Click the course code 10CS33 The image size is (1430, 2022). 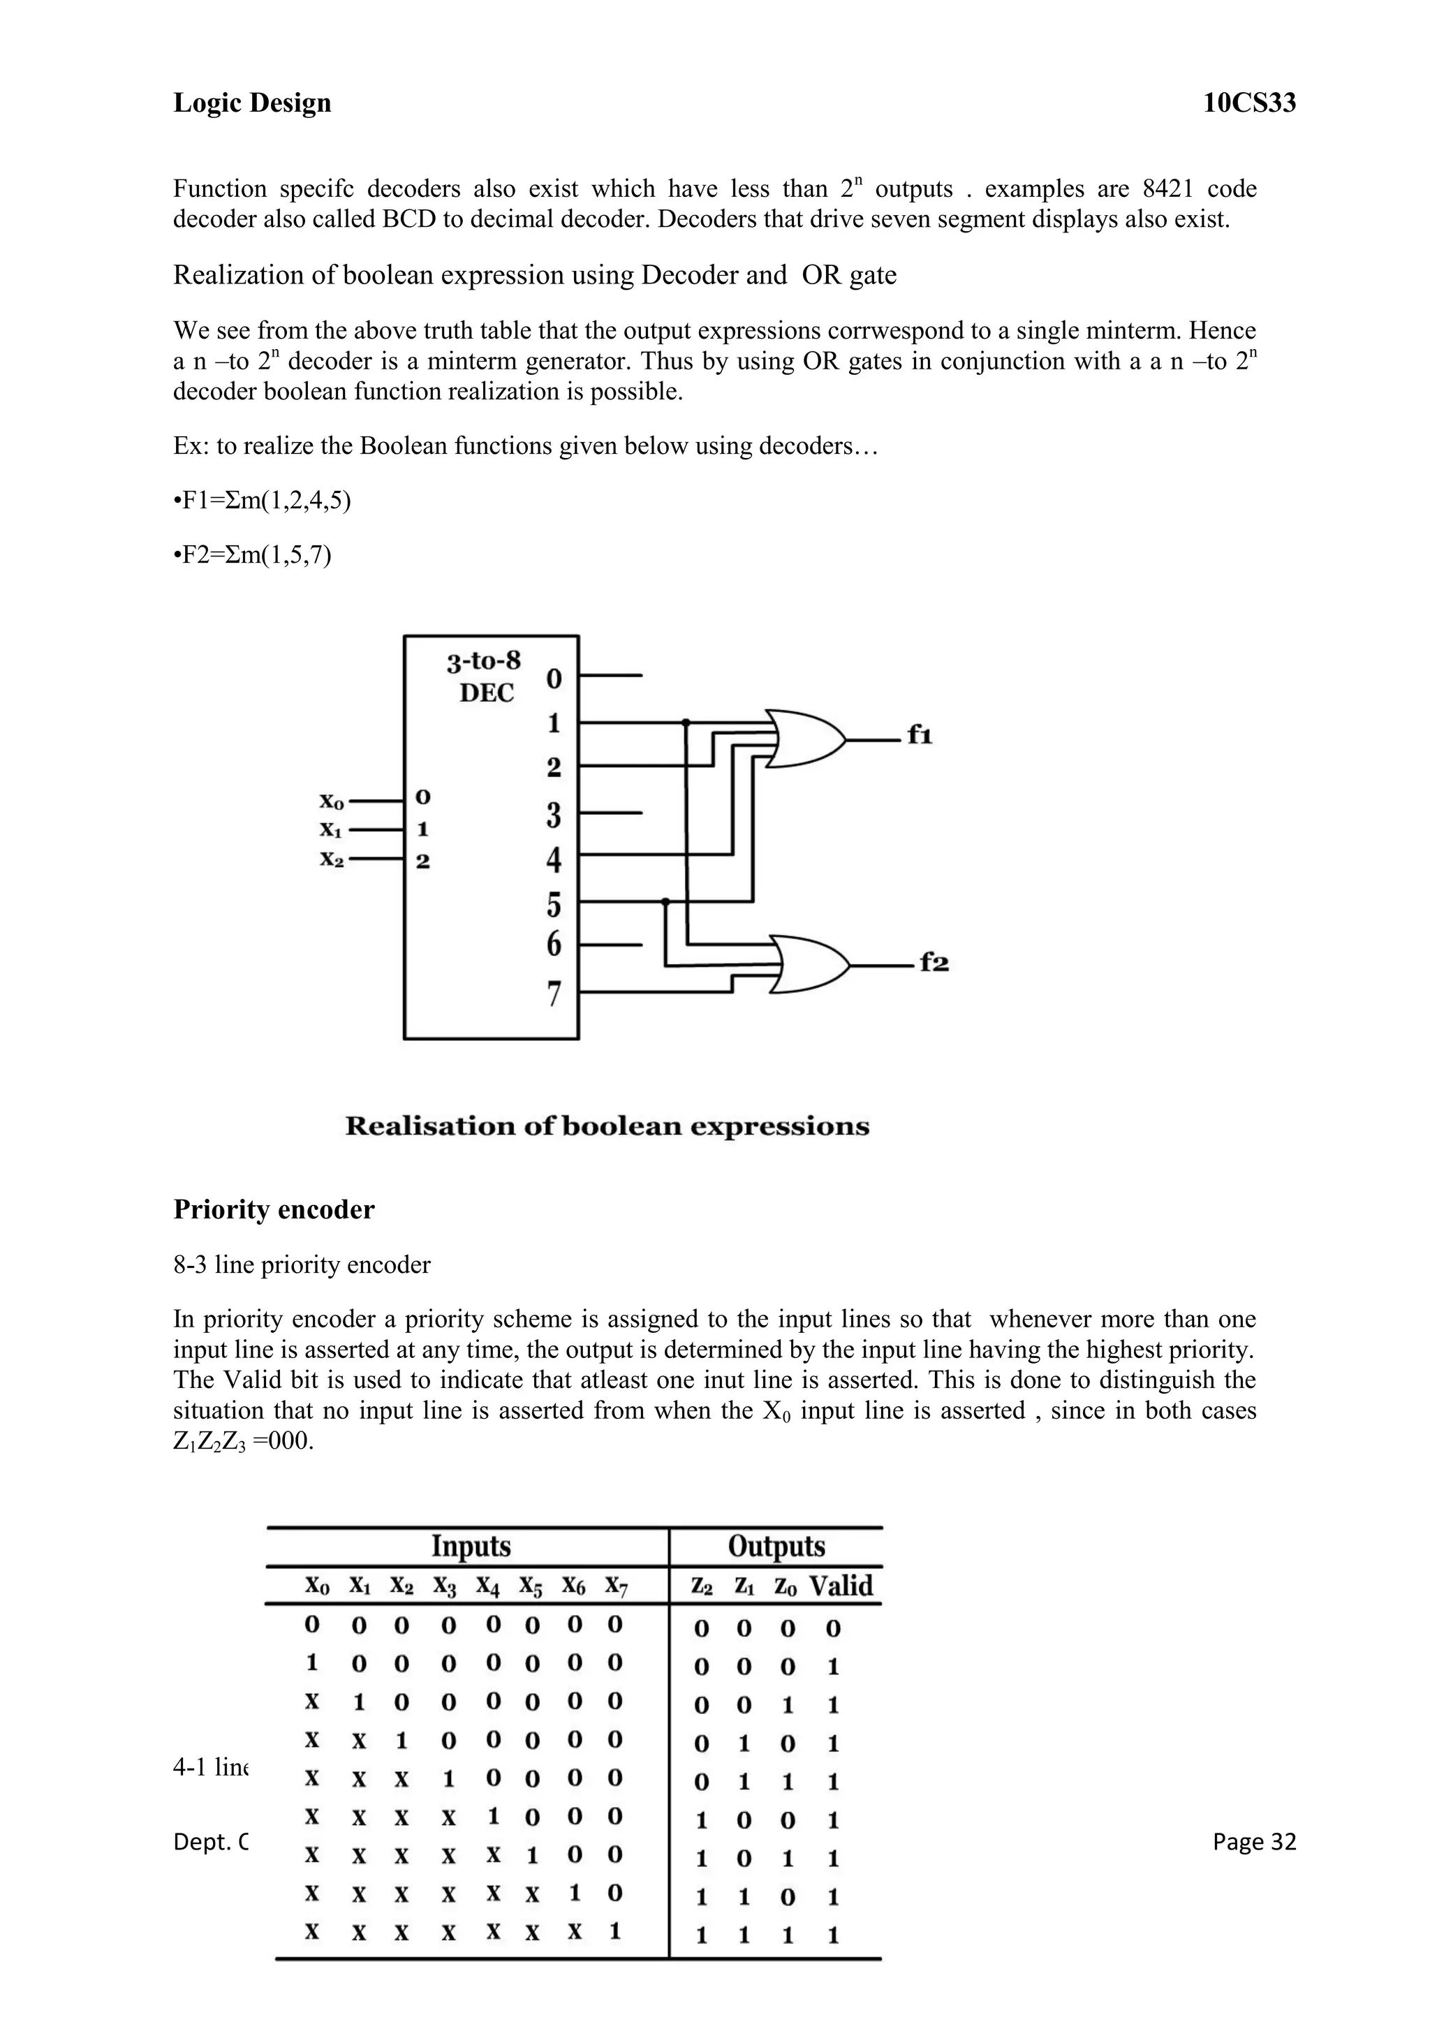coord(1249,103)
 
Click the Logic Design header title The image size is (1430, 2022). coord(252,103)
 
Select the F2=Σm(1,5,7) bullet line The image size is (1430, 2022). coord(253,555)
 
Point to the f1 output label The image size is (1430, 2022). coord(920,735)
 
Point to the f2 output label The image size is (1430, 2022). coord(934,963)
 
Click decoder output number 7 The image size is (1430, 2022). coord(554,994)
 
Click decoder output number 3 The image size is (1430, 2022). coord(554,815)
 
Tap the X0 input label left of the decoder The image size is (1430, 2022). coord(332,802)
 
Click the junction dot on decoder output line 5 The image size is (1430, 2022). coord(665,901)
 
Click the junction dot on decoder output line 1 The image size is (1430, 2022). coord(686,722)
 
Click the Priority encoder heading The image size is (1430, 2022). coord(274,1209)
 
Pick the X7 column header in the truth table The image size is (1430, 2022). coord(617,1586)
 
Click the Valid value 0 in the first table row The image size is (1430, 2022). coord(833,1628)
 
